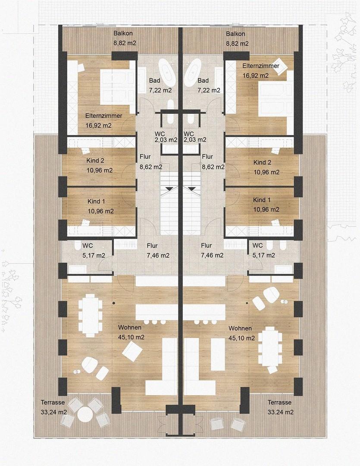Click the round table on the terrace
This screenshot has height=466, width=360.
pos(85,415)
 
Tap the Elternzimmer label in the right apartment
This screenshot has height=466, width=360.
pos(260,66)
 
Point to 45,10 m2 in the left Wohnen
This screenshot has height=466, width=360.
pos(131,337)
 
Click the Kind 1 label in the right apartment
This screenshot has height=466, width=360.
pos(262,200)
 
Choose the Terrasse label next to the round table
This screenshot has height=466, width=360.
pos(53,403)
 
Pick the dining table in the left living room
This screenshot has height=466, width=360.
pos(90,315)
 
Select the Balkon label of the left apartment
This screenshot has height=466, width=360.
pos(123,34)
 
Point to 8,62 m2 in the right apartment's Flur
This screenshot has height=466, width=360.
pos(213,167)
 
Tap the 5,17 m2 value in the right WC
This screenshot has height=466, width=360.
pos(264,255)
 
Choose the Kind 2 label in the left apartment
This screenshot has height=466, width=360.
pos(96,161)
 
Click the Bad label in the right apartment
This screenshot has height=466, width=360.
pos(203,81)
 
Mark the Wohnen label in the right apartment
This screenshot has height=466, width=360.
pos(240,328)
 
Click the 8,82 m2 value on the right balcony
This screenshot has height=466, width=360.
pos(237,44)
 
